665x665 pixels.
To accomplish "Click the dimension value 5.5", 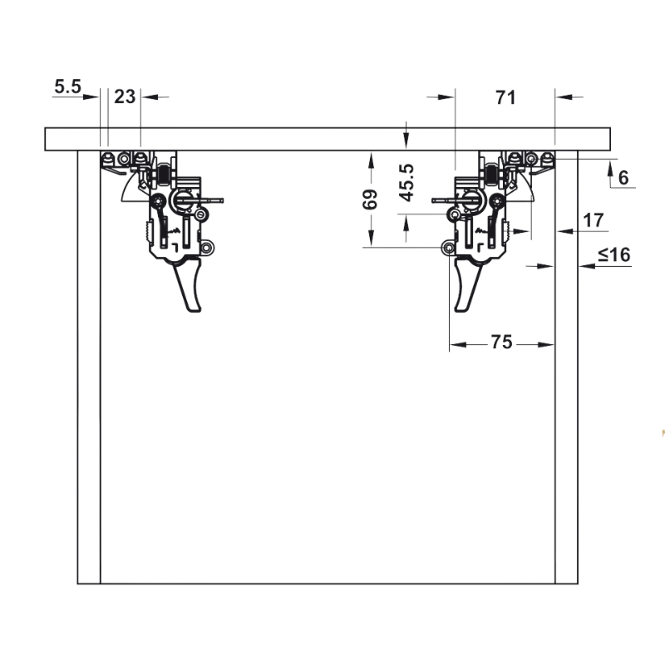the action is pyautogui.click(x=67, y=86).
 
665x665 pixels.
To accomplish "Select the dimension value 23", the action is pyautogui.click(x=125, y=96).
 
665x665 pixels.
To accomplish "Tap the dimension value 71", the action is pyautogui.click(x=505, y=97).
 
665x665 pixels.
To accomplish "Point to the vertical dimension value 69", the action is pyautogui.click(x=370, y=199).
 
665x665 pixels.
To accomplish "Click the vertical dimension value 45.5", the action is pyautogui.click(x=406, y=183).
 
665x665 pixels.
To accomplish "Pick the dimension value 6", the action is pyautogui.click(x=623, y=178).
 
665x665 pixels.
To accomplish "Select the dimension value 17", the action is pyautogui.click(x=593, y=220).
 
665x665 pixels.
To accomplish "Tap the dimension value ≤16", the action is pyautogui.click(x=614, y=254).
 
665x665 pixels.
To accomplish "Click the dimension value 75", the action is pyautogui.click(x=502, y=342).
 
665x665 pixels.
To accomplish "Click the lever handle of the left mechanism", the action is pyautogui.click(x=189, y=285).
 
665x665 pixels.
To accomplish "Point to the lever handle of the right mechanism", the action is pyautogui.click(x=467, y=285).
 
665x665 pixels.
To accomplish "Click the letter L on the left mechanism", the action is pyautogui.click(x=175, y=247).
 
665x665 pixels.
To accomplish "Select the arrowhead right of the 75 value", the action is pyautogui.click(x=546, y=345).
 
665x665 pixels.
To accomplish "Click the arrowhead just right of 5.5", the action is pyautogui.click(x=91, y=97).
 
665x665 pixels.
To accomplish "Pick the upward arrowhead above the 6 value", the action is pyautogui.click(x=611, y=169).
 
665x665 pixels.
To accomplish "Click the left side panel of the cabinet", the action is pyautogui.click(x=89, y=367).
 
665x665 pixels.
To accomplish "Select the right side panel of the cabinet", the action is pyautogui.click(x=567, y=367).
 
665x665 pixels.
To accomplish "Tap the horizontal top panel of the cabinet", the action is pyautogui.click(x=328, y=139).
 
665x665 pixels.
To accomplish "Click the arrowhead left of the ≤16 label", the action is pyautogui.click(x=588, y=266).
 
